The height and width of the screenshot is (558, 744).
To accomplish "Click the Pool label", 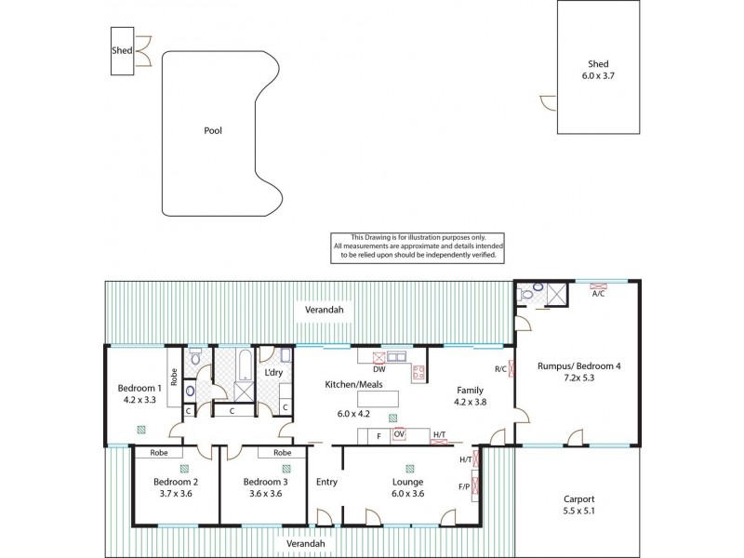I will (x=213, y=131).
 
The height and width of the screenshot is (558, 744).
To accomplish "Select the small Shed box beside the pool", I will (x=122, y=52).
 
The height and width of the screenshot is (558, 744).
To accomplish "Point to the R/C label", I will (x=500, y=368).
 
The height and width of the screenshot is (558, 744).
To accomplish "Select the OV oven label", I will (x=400, y=434).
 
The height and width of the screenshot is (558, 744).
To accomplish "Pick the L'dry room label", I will (x=273, y=373).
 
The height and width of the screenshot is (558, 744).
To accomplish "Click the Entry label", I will (x=326, y=482).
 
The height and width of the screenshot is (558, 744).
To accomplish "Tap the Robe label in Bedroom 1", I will (x=174, y=379).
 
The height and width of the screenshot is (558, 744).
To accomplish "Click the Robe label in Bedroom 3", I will (x=281, y=453).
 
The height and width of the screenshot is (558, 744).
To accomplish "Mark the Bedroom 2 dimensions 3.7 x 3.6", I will (x=175, y=494).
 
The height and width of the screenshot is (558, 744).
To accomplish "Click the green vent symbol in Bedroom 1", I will (x=140, y=429).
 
